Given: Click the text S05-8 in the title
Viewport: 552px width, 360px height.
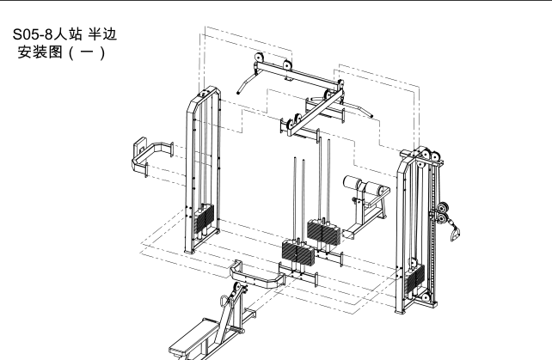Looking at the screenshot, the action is click(33, 34).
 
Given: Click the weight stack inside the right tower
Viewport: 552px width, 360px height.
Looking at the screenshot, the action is click(414, 277).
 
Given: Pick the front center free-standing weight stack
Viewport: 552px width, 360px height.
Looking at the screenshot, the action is click(297, 251).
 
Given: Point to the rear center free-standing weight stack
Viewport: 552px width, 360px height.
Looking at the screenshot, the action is click(323, 230).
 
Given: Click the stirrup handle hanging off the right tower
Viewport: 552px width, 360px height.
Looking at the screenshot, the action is click(455, 233).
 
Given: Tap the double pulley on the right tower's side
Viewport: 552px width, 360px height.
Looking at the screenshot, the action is click(442, 213).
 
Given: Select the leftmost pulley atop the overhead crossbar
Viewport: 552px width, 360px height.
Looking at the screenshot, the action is click(259, 58).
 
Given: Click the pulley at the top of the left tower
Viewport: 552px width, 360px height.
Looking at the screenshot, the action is click(205, 94).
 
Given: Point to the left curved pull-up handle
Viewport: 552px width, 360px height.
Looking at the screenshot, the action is click(246, 82).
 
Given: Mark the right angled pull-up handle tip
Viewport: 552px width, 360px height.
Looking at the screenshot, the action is click(371, 116).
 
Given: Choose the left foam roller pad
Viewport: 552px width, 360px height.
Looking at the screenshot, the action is click(353, 182).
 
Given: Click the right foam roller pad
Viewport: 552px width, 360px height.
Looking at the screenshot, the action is click(373, 188).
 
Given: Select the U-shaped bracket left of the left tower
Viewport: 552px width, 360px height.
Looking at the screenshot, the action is click(151, 157).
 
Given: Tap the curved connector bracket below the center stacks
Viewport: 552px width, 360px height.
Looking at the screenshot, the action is click(256, 275).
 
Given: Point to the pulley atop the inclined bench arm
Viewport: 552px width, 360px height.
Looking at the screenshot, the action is click(238, 287).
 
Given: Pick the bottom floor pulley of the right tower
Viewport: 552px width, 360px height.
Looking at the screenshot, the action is click(426, 298).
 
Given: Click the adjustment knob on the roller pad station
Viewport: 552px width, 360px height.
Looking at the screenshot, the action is click(354, 200).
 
